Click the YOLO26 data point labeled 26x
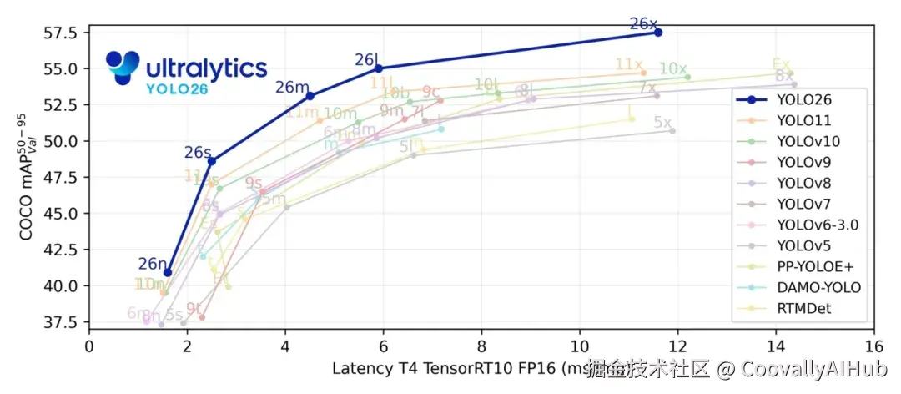[x=658, y=32]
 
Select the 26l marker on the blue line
[x=379, y=68]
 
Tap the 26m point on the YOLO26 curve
[x=310, y=96]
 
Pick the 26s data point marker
[x=212, y=160]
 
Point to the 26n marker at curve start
[x=168, y=272]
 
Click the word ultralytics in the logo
[x=207, y=68]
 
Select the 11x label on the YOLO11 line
[x=628, y=65]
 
